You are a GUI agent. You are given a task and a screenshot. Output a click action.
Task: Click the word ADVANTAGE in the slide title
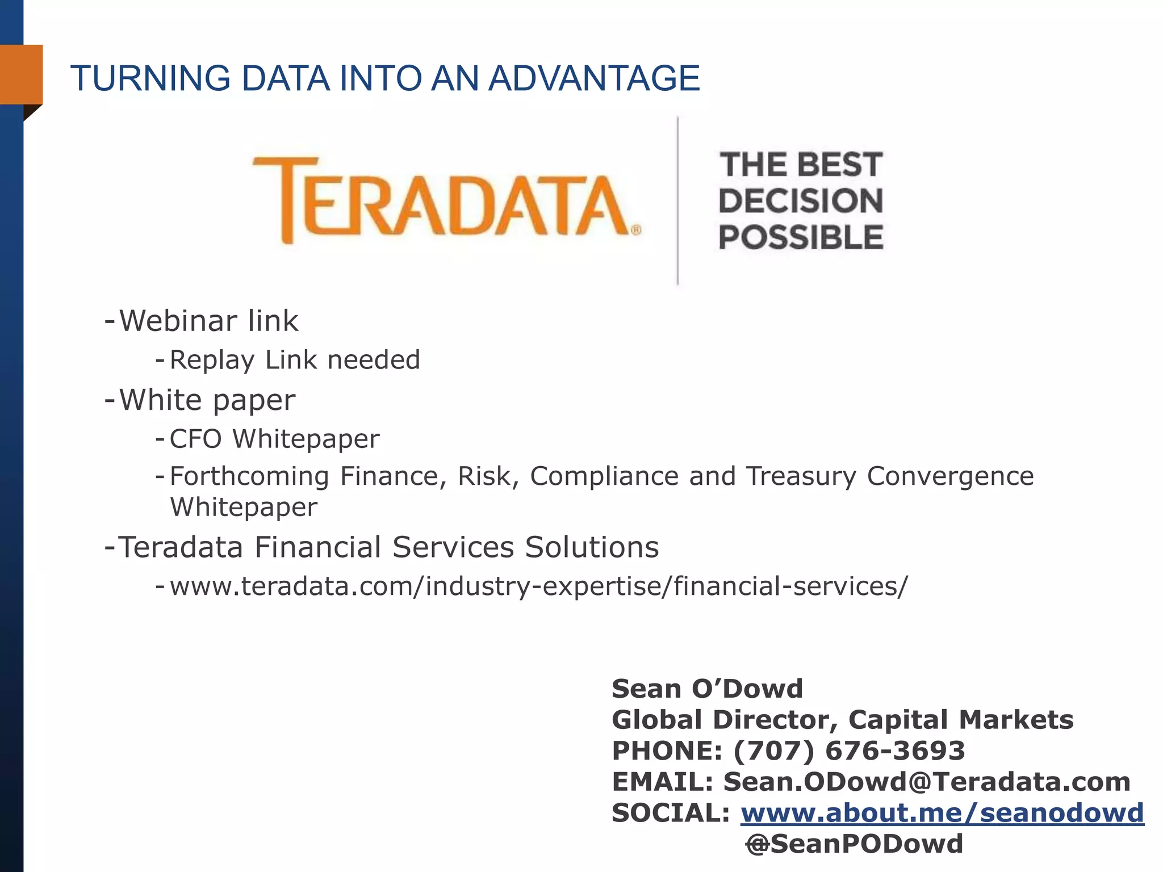click(593, 78)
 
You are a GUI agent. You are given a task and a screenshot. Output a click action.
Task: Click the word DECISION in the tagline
click(801, 201)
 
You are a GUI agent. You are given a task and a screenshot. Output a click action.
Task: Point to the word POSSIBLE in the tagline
click(801, 237)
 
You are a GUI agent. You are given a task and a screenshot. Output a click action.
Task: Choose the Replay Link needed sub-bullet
click(294, 360)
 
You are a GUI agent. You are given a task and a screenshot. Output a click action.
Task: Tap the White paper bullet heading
click(207, 400)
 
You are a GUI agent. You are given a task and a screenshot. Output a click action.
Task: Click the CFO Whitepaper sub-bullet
click(274, 439)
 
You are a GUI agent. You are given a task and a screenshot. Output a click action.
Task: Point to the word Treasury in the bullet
click(801, 476)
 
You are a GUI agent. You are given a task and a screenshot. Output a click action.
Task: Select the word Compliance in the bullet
click(604, 476)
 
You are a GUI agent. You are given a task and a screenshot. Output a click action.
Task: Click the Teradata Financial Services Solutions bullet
click(388, 547)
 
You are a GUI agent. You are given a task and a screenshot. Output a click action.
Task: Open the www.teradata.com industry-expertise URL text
click(538, 586)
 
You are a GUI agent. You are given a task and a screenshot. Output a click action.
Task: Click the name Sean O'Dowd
click(707, 689)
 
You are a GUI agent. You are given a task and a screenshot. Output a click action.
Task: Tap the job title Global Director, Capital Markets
click(842, 720)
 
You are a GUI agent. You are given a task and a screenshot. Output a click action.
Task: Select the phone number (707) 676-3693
click(849, 751)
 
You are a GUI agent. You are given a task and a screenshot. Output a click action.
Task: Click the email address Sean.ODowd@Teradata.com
click(927, 782)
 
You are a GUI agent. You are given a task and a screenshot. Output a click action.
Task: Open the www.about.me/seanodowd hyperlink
click(942, 813)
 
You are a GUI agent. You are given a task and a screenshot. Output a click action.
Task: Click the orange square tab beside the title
click(22, 74)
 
